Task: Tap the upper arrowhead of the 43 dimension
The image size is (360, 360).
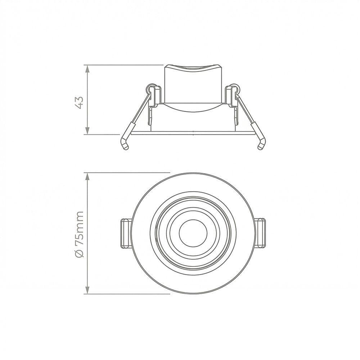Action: coord(87,69)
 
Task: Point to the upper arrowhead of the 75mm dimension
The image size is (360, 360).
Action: coord(87,176)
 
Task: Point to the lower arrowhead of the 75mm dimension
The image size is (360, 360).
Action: coord(87,290)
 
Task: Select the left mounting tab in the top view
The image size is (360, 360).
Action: coord(126,234)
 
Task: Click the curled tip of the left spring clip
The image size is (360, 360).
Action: coord(125,146)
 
